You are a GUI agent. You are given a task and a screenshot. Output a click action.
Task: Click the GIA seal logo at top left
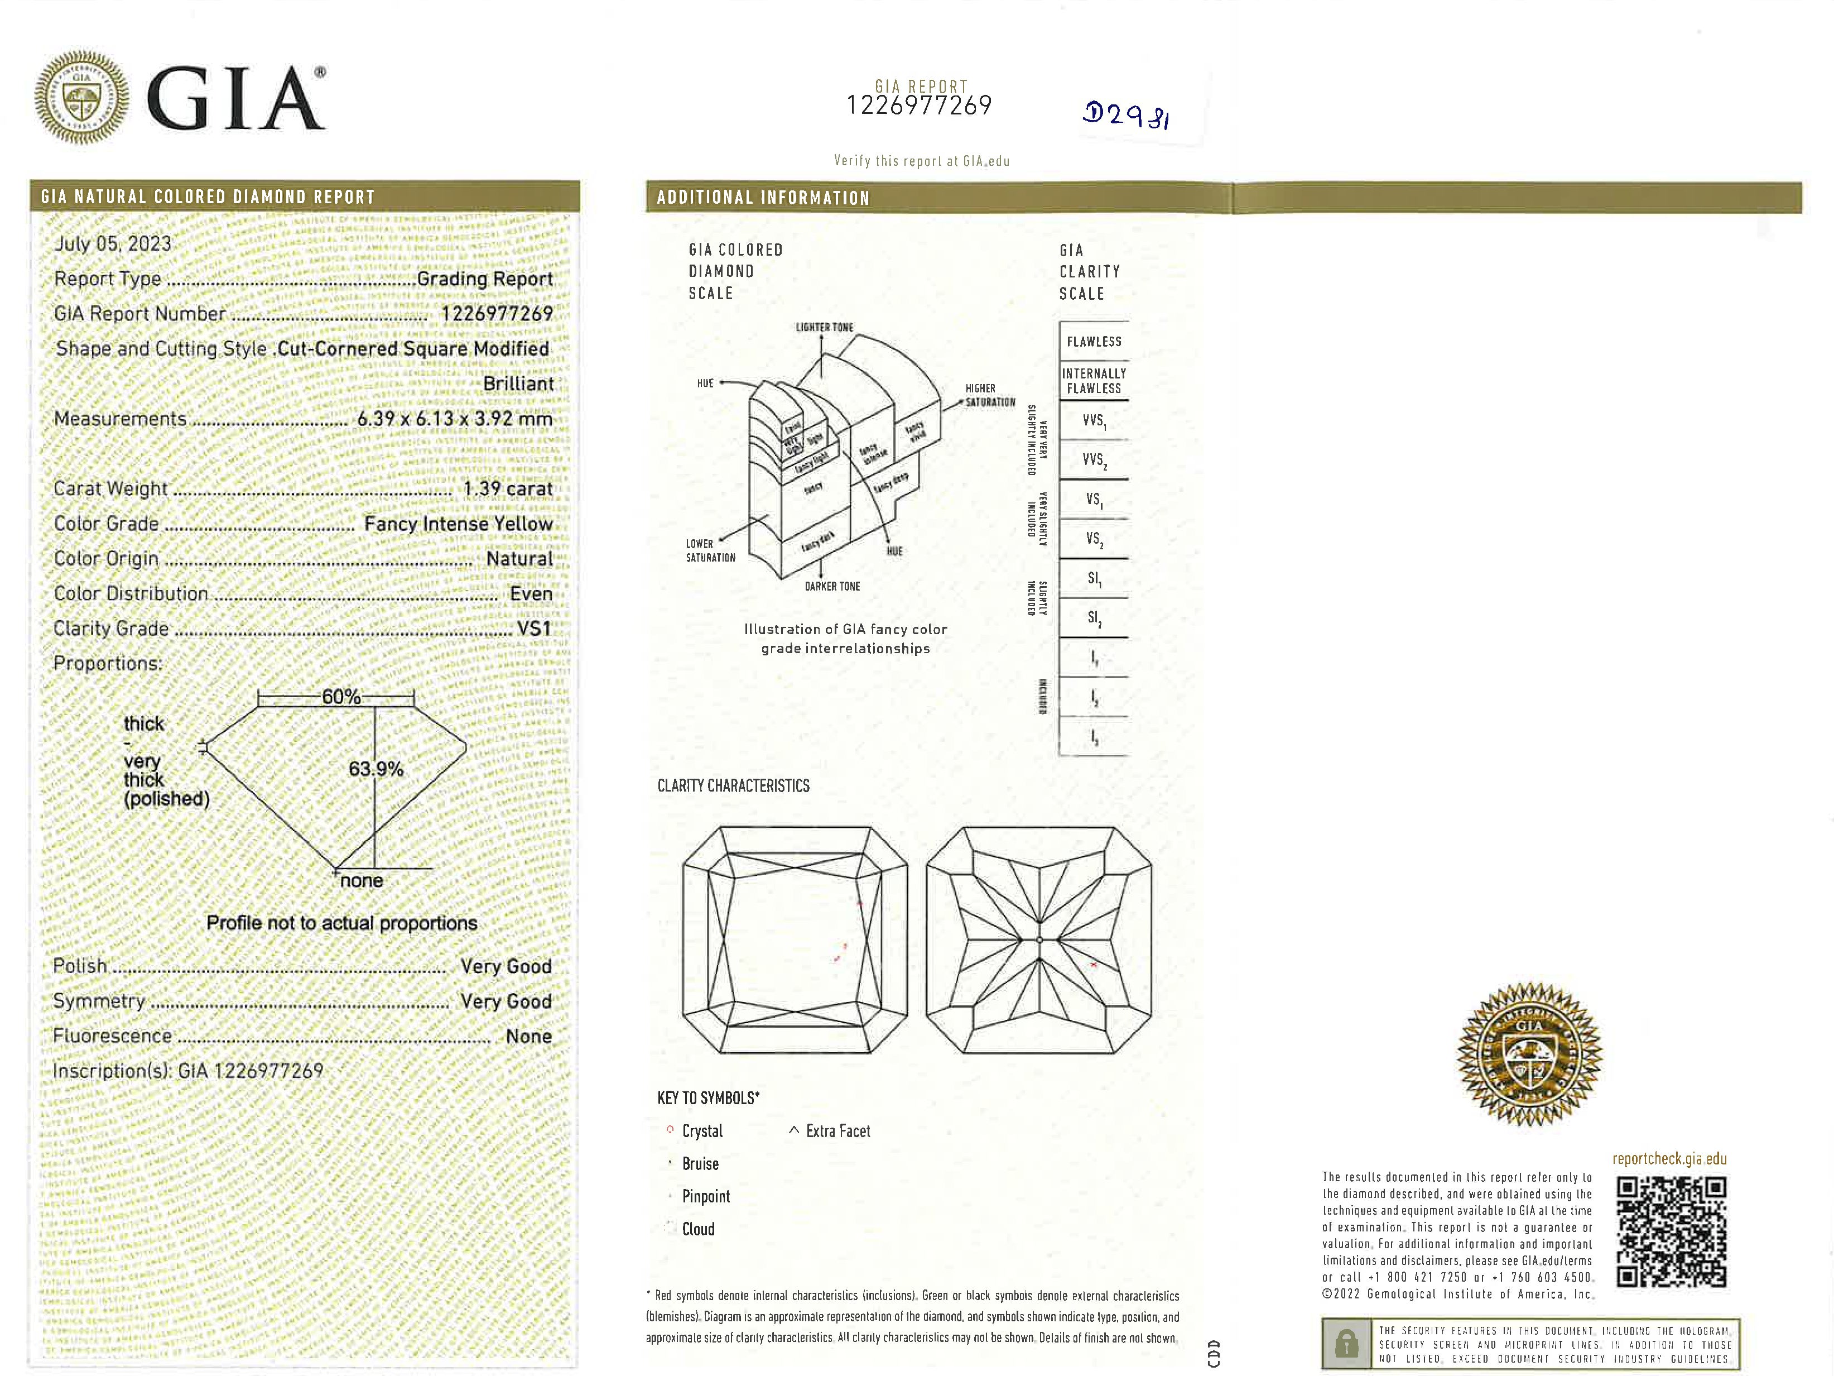[81, 97]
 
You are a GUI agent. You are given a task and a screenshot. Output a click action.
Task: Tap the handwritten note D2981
[1126, 114]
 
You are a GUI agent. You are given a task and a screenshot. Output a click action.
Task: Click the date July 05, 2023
[113, 244]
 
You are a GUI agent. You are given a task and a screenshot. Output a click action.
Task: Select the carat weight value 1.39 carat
[507, 488]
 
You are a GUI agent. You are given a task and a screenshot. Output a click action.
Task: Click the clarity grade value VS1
[534, 629]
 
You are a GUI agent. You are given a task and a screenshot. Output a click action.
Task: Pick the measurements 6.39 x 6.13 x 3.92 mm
[454, 419]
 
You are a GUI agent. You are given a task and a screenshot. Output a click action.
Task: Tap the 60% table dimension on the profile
[341, 697]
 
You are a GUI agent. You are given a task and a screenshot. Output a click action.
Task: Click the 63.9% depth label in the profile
[376, 769]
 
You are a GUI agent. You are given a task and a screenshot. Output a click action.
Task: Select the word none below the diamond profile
[362, 881]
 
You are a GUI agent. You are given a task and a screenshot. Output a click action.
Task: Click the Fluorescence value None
[528, 1036]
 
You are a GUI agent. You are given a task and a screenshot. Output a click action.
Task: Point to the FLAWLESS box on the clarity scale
[1094, 342]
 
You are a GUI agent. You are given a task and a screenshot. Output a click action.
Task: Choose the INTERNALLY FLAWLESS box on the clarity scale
[1094, 381]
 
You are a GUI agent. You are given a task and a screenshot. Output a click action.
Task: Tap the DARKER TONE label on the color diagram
[831, 586]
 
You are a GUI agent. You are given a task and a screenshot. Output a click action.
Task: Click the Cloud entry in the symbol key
[697, 1229]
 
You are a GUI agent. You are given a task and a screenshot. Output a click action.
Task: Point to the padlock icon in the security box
[1346, 1344]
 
